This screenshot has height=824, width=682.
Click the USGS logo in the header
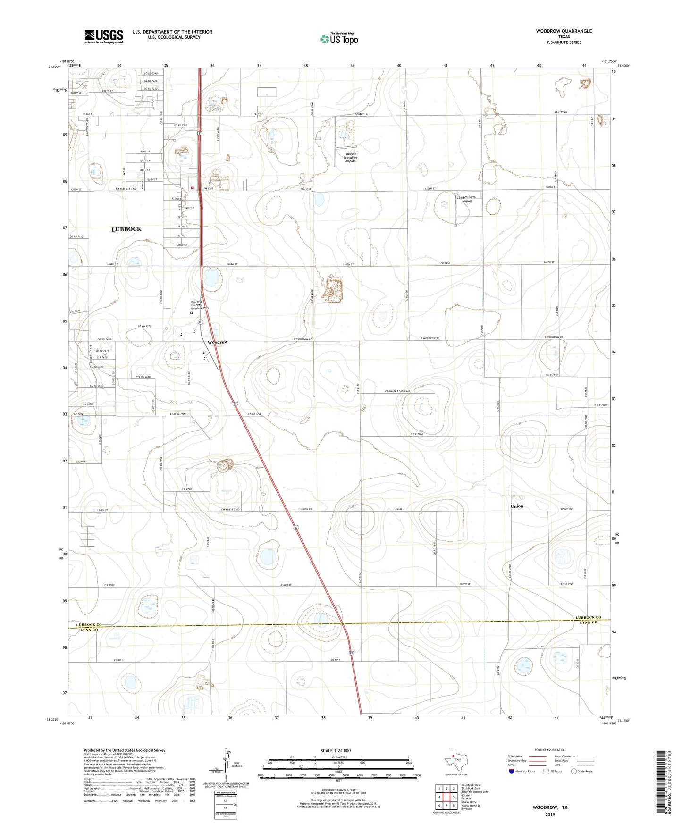(103, 36)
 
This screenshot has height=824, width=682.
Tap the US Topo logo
(339, 39)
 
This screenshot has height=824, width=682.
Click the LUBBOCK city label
(126, 229)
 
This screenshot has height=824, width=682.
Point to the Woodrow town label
(218, 342)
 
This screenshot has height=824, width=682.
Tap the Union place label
(517, 506)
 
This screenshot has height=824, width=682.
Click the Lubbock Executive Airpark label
(350, 158)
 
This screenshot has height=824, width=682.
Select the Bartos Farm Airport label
(467, 199)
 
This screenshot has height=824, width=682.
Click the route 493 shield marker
(201, 322)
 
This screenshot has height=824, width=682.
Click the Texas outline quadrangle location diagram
(456, 762)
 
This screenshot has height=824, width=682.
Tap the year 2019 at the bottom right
(550, 814)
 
